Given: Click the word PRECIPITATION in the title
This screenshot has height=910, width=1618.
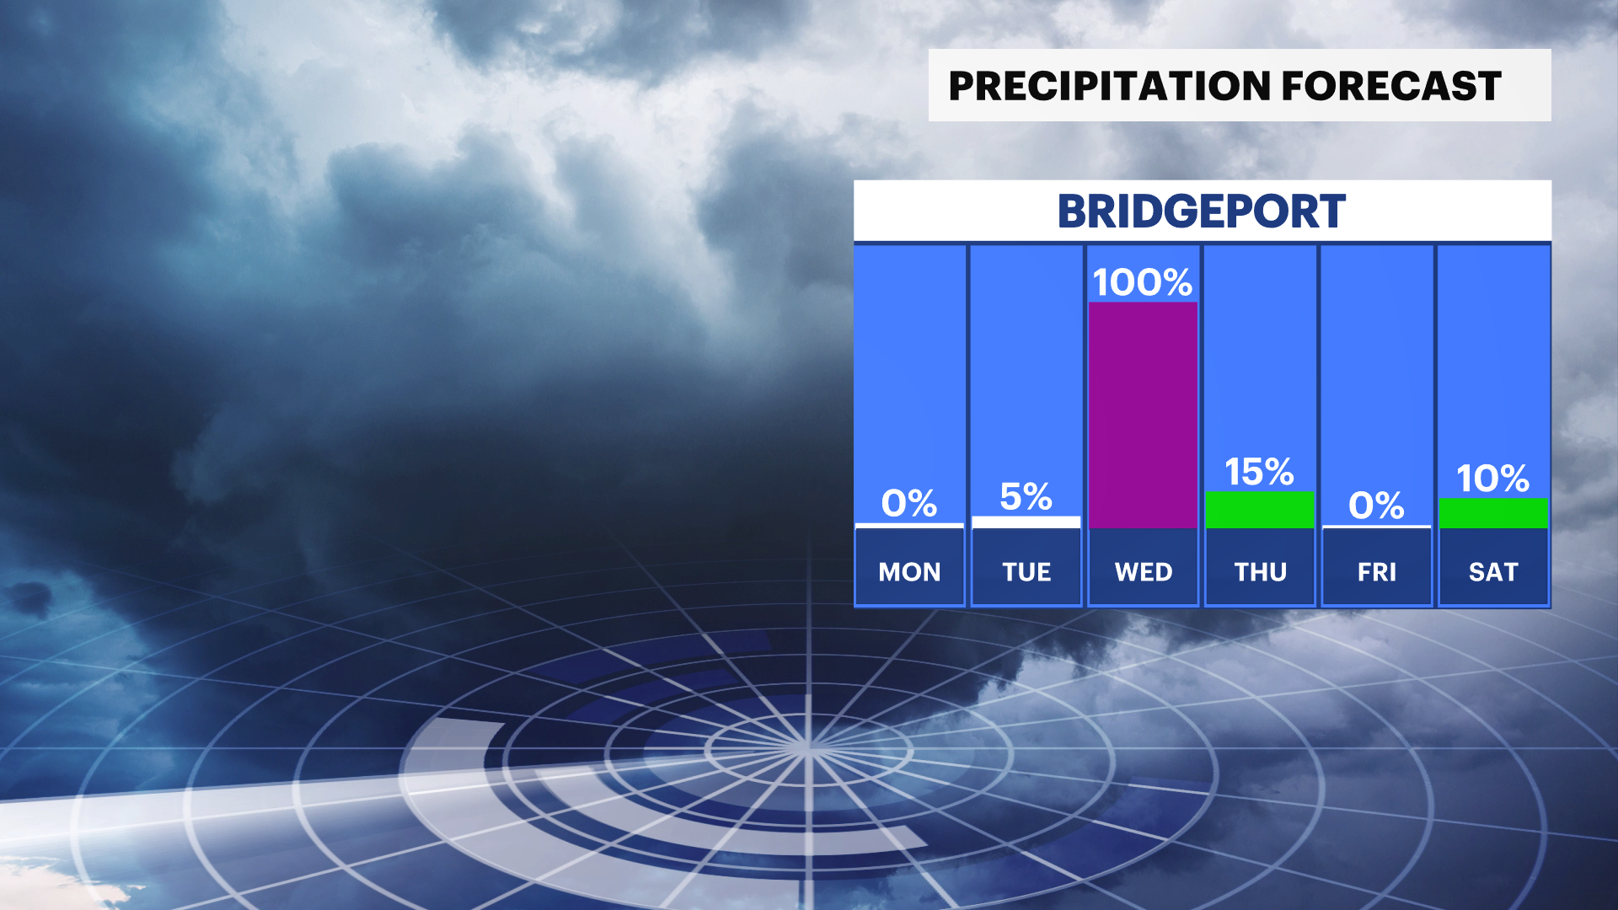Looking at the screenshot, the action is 1110,86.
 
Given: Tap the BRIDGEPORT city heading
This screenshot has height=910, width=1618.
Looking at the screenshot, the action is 1202,211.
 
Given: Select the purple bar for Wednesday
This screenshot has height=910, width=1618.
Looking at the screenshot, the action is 1143,415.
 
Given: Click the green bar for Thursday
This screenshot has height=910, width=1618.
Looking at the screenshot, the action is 1260,510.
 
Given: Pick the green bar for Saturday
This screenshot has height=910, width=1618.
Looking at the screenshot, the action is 1493,514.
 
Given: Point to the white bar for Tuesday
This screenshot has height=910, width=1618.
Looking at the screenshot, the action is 1026,522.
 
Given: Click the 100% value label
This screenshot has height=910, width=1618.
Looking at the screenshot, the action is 1143,282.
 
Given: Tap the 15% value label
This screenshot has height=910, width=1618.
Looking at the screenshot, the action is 1259,472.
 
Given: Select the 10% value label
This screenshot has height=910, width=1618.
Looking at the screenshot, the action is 1493,479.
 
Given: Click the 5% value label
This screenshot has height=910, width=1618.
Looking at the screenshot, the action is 1026,496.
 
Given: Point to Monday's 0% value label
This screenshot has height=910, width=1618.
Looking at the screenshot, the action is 909,503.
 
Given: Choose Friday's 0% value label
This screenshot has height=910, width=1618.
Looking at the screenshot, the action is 1376,506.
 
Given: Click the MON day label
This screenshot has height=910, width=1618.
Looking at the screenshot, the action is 909,572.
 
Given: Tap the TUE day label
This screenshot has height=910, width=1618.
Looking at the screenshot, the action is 1026,572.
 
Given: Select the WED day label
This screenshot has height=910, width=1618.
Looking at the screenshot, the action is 1144,572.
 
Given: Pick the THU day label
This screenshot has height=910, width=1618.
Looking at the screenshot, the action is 1261,572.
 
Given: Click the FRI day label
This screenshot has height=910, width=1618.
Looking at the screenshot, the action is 1377,572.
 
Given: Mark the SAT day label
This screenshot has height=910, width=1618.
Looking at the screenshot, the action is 1493,572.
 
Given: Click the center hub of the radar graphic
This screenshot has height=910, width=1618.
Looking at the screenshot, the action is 807,747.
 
